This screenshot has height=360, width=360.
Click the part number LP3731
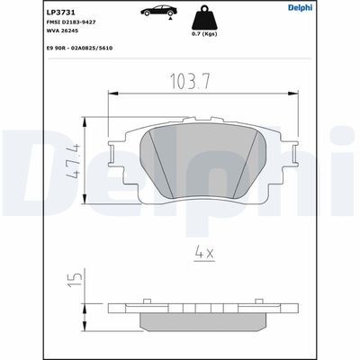point(22,8)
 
